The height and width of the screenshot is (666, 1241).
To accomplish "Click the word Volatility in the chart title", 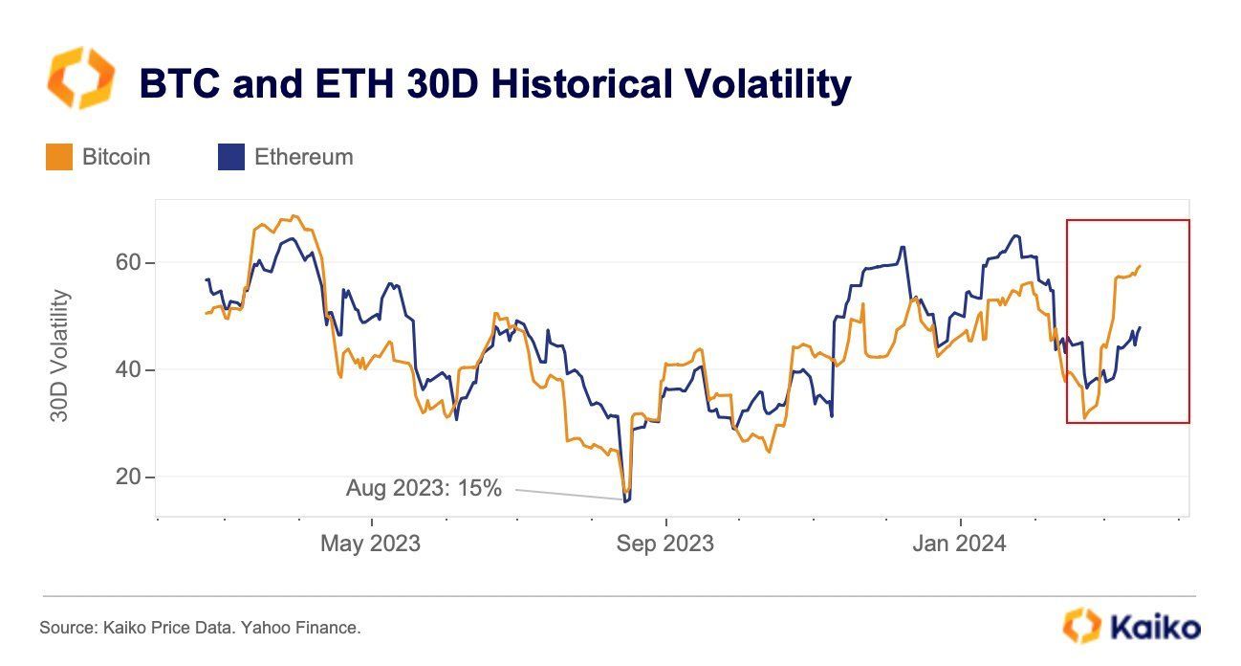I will (754, 84).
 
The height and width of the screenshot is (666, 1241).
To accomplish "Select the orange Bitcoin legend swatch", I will (59, 157).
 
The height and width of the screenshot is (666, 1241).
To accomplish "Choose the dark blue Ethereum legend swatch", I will (231, 157).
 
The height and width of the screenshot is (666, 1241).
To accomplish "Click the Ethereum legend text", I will (303, 157).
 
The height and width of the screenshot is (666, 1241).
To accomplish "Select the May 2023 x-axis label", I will (370, 544).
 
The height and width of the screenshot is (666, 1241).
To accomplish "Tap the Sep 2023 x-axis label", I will (664, 544).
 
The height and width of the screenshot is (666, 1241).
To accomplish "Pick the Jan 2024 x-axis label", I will (959, 544).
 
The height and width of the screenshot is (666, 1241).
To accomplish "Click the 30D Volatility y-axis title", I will (59, 356).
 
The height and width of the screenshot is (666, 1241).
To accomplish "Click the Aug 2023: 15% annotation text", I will (424, 488).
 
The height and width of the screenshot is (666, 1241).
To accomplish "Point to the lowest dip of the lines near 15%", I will (626, 499).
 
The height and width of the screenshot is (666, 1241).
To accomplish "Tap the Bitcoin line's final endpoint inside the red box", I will (1141, 266).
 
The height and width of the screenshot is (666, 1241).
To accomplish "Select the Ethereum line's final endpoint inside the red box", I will (1141, 327).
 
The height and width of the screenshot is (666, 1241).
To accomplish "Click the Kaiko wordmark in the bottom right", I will (1155, 628).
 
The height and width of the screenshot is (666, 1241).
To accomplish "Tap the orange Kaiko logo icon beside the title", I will (80, 78).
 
